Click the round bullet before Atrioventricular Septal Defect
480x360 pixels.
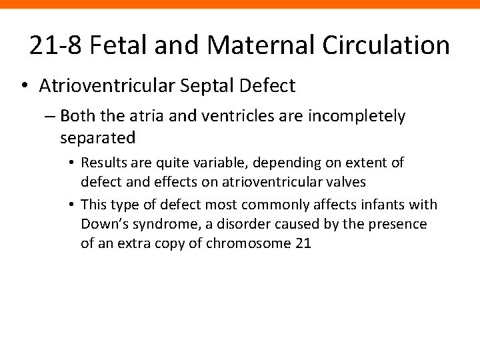(25, 86)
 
